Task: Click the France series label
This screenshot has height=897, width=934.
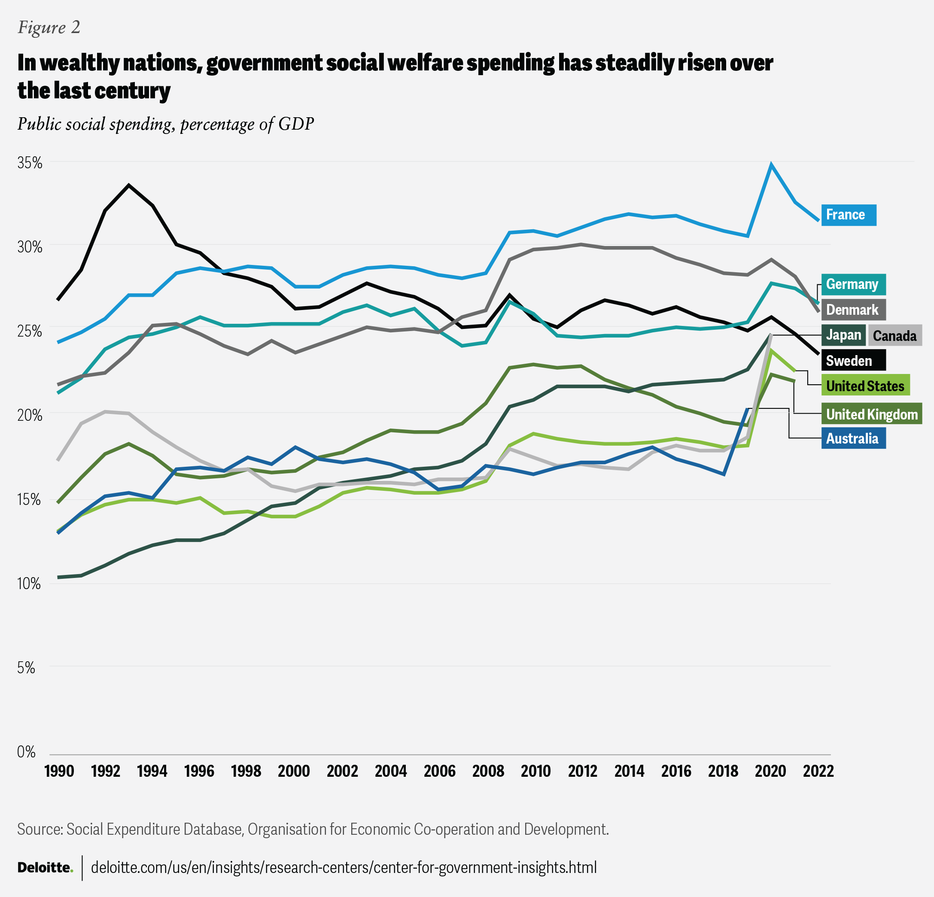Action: click(848, 215)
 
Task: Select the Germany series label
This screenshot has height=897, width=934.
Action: click(853, 284)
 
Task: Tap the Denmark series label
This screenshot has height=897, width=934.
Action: click(853, 310)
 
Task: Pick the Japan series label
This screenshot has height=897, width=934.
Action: click(843, 335)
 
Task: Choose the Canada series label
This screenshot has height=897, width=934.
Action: click(894, 335)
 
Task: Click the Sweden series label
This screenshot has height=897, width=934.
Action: click(853, 361)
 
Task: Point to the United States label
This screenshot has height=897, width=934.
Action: click(865, 386)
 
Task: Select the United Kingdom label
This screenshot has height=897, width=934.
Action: click(872, 414)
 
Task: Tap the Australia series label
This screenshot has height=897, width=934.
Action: click(853, 438)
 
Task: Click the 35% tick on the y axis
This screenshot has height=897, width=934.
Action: click(30, 163)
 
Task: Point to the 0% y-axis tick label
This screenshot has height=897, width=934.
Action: click(26, 752)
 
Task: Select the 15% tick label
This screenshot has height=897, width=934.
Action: click(30, 499)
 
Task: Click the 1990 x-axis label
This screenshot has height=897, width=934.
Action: click(59, 771)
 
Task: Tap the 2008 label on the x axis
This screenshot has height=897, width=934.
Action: click(488, 771)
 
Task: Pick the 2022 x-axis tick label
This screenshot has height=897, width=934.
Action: click(818, 771)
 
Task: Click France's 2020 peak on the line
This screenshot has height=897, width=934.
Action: click(772, 165)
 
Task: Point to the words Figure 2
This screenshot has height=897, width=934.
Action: click(49, 27)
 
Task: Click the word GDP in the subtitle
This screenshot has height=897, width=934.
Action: click(296, 124)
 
